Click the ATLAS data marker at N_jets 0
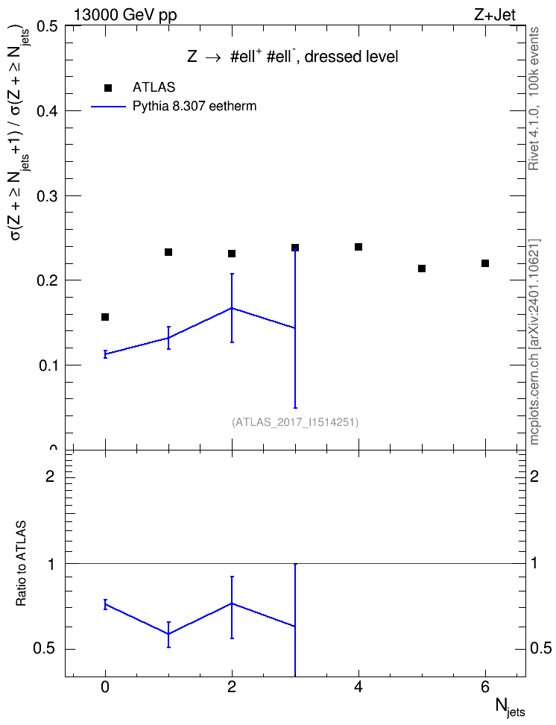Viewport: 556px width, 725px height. tap(105, 317)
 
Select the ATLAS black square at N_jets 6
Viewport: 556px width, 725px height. tap(485, 263)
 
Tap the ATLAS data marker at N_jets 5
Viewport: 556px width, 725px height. tap(422, 269)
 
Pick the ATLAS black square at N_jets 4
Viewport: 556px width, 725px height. tap(358, 247)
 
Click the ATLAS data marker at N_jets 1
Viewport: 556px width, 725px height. tap(168, 252)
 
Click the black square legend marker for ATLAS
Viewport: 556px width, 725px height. tap(108, 88)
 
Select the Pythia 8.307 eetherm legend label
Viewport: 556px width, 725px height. tap(194, 107)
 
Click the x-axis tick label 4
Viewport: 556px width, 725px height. tap(358, 688)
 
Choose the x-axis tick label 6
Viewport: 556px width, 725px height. tap(485, 688)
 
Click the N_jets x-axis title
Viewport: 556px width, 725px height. tap(511, 707)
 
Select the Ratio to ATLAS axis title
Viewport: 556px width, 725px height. tap(21, 564)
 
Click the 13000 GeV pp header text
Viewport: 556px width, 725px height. tap(125, 15)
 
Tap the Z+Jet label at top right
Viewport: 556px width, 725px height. tap(495, 15)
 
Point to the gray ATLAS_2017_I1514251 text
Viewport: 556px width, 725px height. tap(295, 421)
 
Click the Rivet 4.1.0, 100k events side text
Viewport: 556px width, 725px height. tap(534, 98)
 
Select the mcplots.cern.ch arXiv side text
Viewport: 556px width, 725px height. tap(534, 342)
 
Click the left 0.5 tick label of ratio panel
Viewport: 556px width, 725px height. tap(45, 649)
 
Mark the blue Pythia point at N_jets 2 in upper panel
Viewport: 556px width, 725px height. tap(232, 308)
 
